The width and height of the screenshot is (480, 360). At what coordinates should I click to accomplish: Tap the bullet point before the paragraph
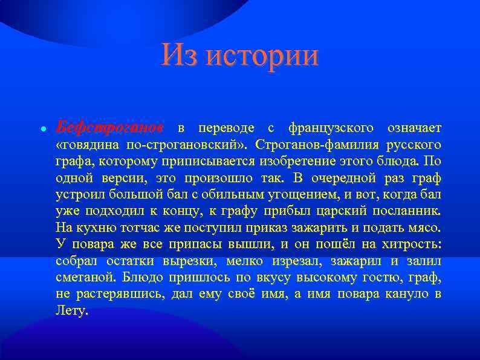44,129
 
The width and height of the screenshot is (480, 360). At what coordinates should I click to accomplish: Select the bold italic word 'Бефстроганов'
109,128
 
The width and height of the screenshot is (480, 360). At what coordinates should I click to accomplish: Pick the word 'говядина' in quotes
88,145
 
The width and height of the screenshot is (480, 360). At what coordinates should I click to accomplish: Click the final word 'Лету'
71,312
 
